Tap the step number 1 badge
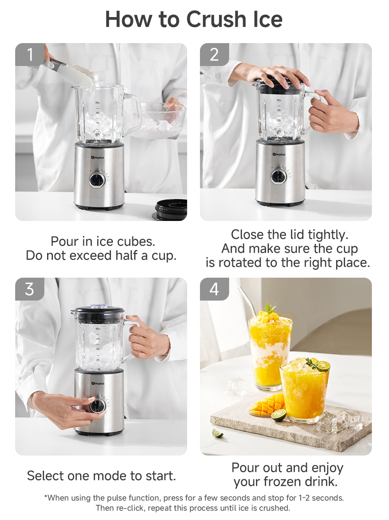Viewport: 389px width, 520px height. click(30, 54)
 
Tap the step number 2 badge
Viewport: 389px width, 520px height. click(214, 54)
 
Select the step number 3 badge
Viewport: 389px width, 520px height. click(30, 289)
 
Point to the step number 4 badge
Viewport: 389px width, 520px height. click(214, 289)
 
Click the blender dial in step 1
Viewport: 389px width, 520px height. click(97, 180)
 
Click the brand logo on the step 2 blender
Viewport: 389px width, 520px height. click(279, 155)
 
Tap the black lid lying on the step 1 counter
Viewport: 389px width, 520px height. click(172, 210)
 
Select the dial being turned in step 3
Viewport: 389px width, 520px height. click(98, 405)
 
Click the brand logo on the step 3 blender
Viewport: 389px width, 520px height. click(98, 383)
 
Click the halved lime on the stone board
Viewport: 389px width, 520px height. click(279, 416)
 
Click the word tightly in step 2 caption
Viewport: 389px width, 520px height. click(328, 235)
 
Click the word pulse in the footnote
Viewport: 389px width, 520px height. click(116, 498)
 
